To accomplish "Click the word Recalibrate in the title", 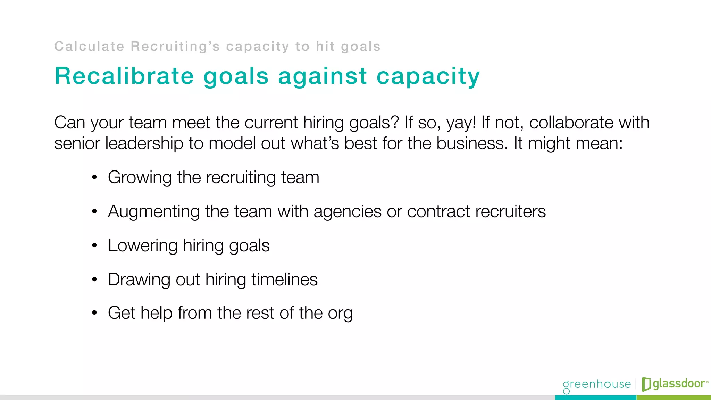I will click(x=124, y=76).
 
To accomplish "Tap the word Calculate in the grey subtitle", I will click(x=89, y=47).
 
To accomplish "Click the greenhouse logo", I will click(x=597, y=385).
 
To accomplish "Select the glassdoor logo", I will click(x=675, y=384).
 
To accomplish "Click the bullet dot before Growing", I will click(x=94, y=178).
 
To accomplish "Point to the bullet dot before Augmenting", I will click(x=94, y=211).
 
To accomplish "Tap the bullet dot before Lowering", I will click(x=94, y=245).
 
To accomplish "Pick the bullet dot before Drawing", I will click(x=94, y=280).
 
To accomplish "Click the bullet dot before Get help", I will click(x=94, y=313).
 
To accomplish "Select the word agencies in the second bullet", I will click(x=348, y=212).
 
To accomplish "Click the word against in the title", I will click(x=323, y=76).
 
